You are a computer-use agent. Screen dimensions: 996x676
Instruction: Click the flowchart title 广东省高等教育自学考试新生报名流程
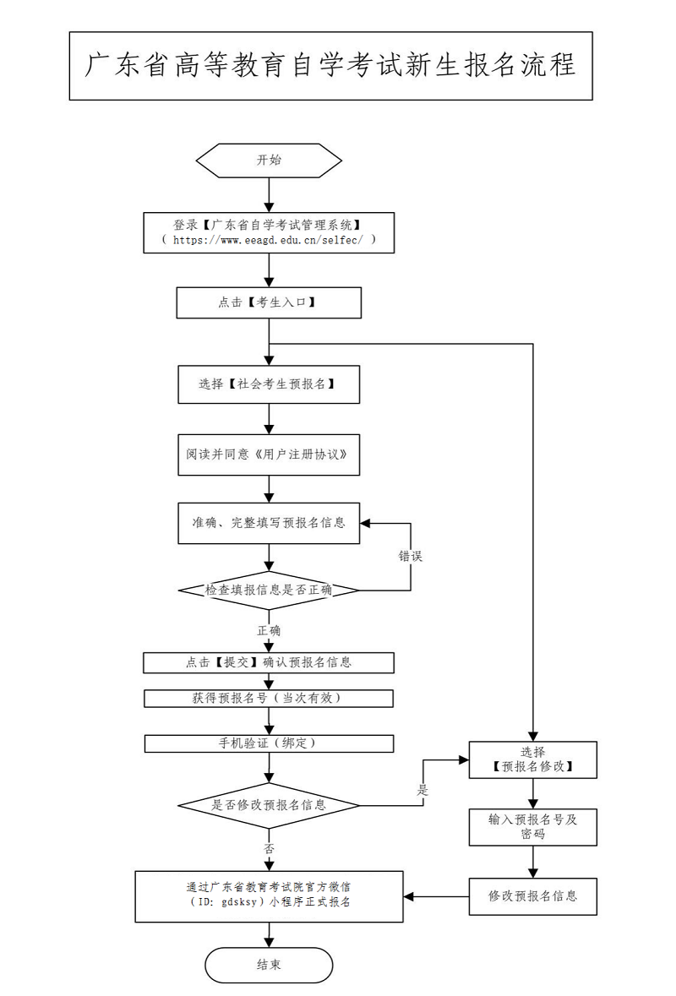[330, 66]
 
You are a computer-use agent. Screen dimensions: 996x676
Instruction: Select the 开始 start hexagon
[269, 161]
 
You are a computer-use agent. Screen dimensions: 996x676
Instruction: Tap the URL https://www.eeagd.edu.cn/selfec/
[269, 240]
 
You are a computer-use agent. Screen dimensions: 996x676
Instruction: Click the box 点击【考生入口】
[269, 302]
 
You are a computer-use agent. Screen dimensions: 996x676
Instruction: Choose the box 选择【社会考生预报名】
[269, 384]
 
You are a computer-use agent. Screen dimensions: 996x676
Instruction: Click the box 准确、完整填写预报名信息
[269, 523]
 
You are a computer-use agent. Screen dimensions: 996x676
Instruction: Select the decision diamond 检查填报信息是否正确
[269, 590]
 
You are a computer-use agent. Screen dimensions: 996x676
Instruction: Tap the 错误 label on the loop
[411, 557]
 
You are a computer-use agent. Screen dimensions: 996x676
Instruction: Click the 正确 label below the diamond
[269, 630]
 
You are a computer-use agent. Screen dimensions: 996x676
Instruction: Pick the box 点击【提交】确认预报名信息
[269, 663]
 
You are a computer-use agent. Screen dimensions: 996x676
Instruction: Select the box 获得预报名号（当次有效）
[269, 699]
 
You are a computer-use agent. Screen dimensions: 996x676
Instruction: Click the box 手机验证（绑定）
[269, 743]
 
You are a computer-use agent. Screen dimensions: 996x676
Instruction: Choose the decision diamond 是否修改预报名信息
[269, 805]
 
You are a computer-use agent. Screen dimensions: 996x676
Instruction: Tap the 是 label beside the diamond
[422, 791]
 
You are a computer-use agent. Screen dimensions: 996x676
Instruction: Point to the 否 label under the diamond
[269, 848]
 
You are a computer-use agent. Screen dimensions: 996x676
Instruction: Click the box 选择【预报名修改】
[533, 759]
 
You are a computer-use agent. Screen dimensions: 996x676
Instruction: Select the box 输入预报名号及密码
[533, 826]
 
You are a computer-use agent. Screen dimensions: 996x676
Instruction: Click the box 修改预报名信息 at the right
[533, 895]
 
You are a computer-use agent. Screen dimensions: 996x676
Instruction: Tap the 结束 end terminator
[269, 965]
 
